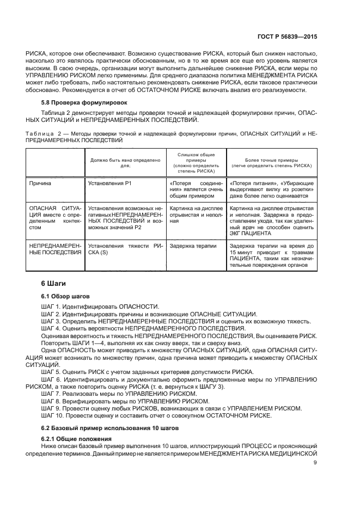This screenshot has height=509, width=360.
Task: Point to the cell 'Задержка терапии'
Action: click(193, 246)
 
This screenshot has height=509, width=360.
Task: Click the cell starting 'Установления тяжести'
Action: click(125, 249)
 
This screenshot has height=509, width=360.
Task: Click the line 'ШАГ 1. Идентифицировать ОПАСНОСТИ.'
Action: click(100, 307)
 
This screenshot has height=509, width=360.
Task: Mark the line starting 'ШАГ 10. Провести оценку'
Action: click(156, 415)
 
